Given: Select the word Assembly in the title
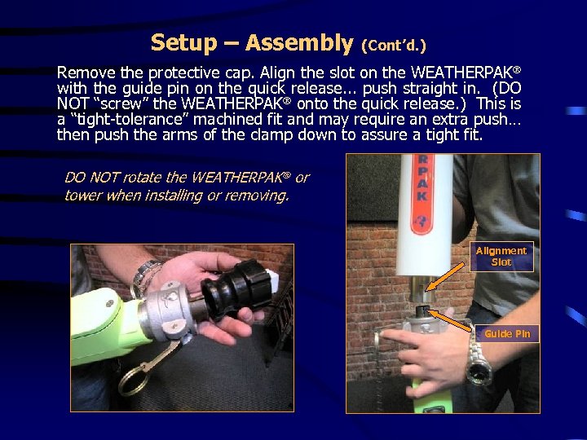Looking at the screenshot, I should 298,42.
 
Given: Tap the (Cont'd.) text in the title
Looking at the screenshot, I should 393,45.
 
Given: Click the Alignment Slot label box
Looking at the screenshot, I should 501,256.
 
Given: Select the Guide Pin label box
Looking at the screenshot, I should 506,333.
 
